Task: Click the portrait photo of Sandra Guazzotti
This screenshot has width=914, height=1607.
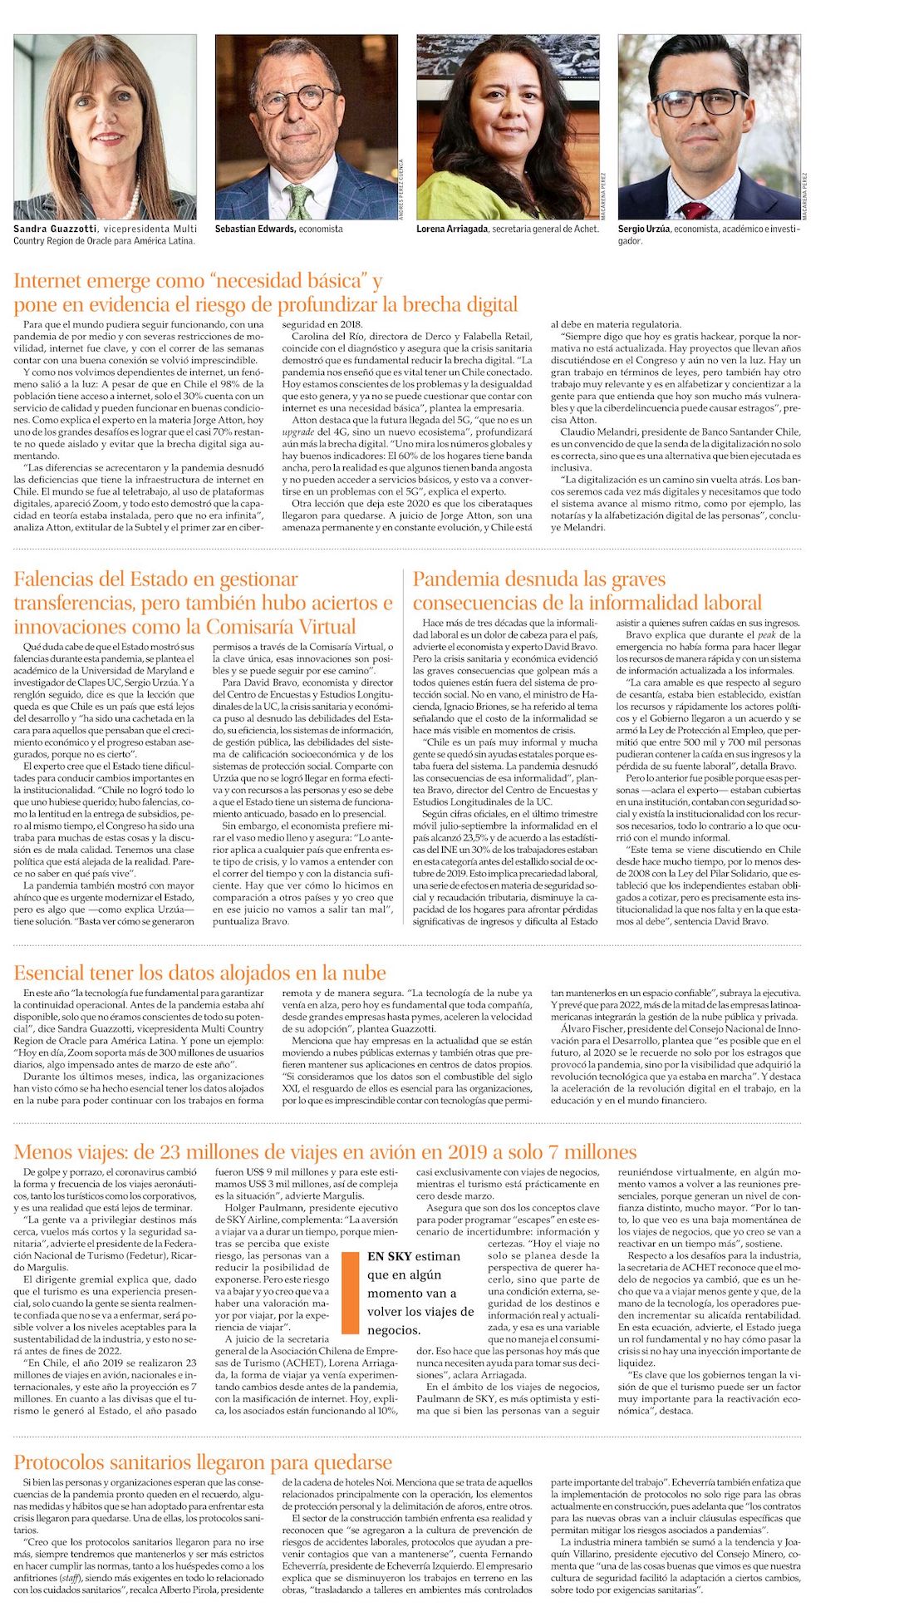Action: pos(105,126)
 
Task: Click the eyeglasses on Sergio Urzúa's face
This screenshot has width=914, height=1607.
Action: pos(700,103)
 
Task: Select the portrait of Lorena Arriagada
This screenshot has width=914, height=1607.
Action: pos(507,126)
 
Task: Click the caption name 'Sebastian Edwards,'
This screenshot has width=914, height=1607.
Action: pos(255,229)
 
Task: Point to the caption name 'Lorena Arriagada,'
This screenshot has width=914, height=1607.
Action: pos(452,229)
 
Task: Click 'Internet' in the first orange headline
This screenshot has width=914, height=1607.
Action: pos(50,281)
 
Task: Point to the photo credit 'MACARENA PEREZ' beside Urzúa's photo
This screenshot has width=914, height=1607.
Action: pos(805,195)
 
